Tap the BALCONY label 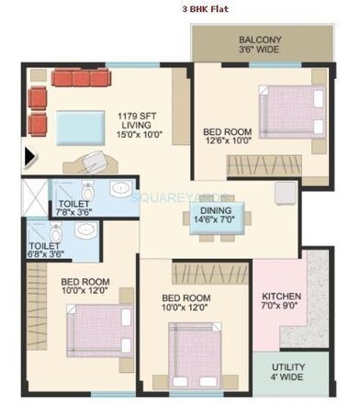pos(261,40)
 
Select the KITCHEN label pos(281,297)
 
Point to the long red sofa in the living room pos(81,78)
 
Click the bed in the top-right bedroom pos(292,117)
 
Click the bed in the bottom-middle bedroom pos(197,352)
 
